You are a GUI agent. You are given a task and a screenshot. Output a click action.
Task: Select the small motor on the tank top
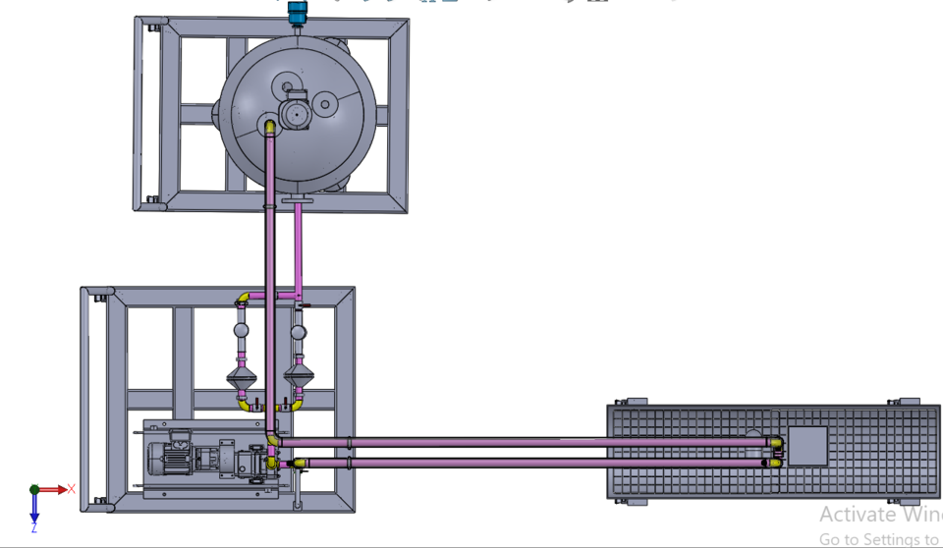(x=295, y=113)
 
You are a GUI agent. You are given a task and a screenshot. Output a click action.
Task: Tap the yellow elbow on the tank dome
(x=269, y=127)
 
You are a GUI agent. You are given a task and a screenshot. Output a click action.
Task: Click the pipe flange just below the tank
(x=296, y=202)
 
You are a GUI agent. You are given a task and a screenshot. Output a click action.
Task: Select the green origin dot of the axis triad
(x=34, y=488)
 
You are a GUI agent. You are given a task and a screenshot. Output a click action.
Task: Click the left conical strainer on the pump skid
(x=241, y=375)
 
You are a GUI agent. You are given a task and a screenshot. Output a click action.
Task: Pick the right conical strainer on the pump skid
(x=298, y=375)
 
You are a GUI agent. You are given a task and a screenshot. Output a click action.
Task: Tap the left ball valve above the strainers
(x=241, y=332)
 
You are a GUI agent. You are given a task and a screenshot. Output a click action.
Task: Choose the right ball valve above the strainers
(x=298, y=332)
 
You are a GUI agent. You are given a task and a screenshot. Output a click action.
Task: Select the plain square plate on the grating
(x=808, y=446)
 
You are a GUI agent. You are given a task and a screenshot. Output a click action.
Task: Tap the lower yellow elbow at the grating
(x=775, y=462)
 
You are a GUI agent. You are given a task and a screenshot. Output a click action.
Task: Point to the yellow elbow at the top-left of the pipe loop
(x=243, y=298)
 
